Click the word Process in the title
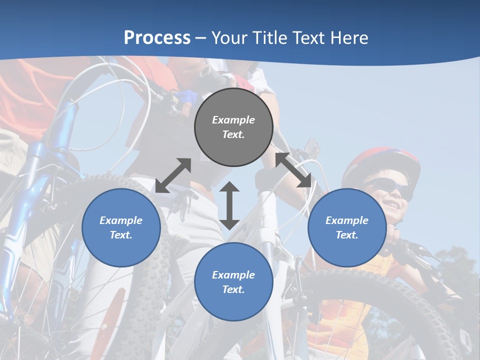pyautogui.click(x=157, y=38)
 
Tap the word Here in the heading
pyautogui.click(x=350, y=38)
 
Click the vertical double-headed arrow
pyautogui.click(x=229, y=205)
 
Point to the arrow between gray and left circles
pyautogui.click(x=173, y=175)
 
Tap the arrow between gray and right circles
pyautogui.click(x=293, y=170)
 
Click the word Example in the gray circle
pyautogui.click(x=233, y=120)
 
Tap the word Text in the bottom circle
pyautogui.click(x=233, y=289)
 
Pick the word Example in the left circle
pyautogui.click(x=121, y=220)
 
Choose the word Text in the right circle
pyautogui.click(x=347, y=235)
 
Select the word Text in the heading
pyautogui.click(x=309, y=38)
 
